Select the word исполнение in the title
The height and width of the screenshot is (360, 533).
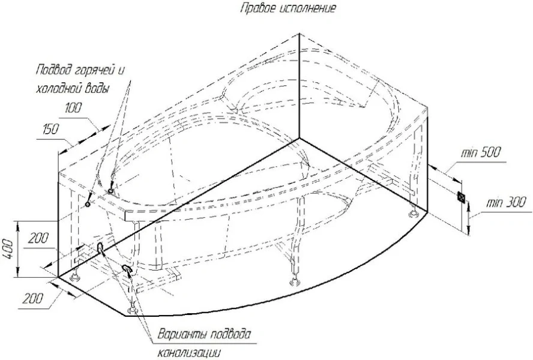[308, 8]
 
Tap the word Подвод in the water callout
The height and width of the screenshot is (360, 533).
[55, 70]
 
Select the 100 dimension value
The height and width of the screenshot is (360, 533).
[73, 108]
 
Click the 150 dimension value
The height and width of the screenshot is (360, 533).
[50, 129]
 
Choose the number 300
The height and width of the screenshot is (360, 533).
[514, 203]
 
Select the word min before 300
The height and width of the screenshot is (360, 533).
[493, 203]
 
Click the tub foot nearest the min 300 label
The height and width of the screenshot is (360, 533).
[415, 213]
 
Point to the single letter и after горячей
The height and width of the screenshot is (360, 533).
[121, 71]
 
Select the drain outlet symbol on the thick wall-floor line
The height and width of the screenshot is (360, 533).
[100, 247]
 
